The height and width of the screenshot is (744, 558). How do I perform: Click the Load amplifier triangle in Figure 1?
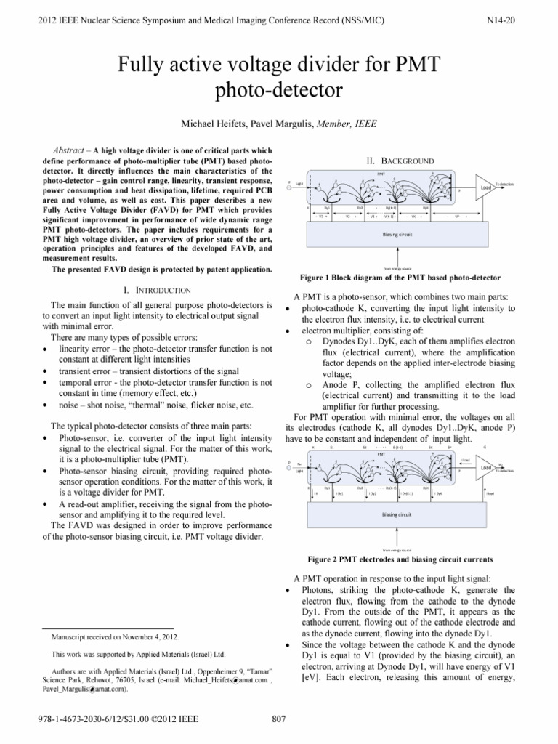pyautogui.click(x=486, y=186)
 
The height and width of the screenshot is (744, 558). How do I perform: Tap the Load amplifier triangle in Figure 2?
pyautogui.click(x=487, y=448)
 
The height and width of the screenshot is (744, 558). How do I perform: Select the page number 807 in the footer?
pyautogui.click(x=279, y=720)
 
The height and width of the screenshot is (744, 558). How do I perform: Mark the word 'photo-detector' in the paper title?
pyautogui.click(x=279, y=91)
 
